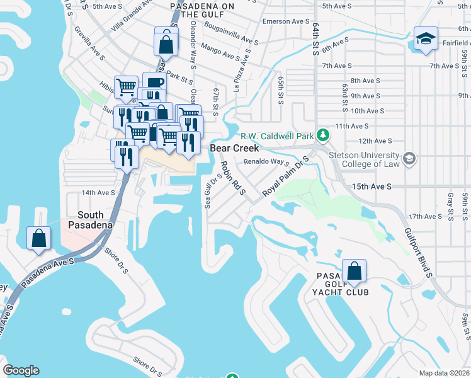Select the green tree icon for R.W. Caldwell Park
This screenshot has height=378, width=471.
click(x=323, y=135)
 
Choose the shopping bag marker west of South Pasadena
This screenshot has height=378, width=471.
click(x=38, y=238)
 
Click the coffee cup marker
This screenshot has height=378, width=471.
click(x=154, y=83)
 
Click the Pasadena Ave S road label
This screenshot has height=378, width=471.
click(x=47, y=273)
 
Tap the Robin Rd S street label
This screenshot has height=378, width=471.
click(x=232, y=178)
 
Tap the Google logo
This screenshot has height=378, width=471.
click(x=21, y=370)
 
